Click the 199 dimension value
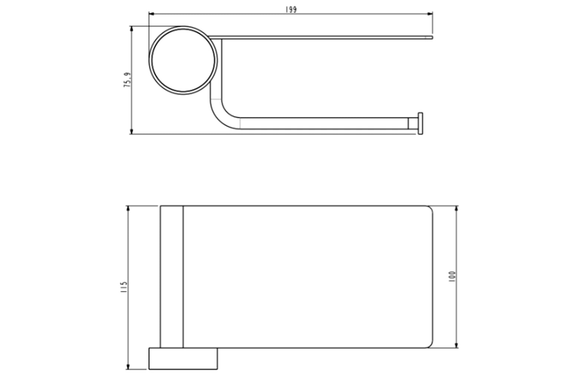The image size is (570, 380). click(291, 10)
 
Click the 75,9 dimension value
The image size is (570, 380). click(127, 80)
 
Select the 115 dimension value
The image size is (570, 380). click(124, 287)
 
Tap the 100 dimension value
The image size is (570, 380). click(452, 277)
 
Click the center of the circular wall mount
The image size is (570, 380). click(183, 60)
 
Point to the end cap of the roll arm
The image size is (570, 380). click(420, 123)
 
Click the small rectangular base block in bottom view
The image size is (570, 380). click(183, 358)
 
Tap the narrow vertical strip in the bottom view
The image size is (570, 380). click(171, 276)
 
